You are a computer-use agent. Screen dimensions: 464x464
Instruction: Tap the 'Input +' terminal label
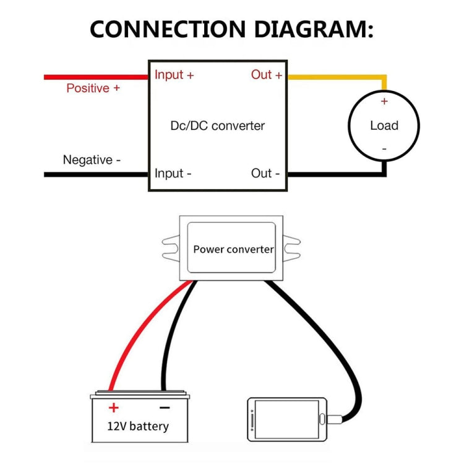click(x=174, y=75)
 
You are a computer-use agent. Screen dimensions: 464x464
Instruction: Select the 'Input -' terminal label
click(x=173, y=173)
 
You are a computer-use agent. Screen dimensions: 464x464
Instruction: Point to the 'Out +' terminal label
click(x=267, y=75)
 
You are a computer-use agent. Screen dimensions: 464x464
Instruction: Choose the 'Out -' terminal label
click(x=265, y=173)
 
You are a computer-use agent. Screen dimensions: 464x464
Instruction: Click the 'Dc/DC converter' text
click(x=217, y=126)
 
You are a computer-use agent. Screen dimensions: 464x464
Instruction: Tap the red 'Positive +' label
click(x=93, y=88)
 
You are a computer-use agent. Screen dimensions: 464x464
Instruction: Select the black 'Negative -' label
click(x=92, y=160)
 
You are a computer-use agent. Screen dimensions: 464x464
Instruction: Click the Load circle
click(x=384, y=126)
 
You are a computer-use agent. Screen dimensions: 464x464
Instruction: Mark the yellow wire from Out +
click(x=334, y=77)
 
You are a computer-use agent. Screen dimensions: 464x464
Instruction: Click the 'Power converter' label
click(x=233, y=249)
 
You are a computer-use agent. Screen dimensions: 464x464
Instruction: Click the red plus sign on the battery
click(x=113, y=408)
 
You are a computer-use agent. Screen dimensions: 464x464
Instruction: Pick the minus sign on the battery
click(x=165, y=408)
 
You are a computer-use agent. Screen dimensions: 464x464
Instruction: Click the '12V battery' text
click(x=138, y=426)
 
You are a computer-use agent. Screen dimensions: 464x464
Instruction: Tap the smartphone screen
click(x=286, y=419)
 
